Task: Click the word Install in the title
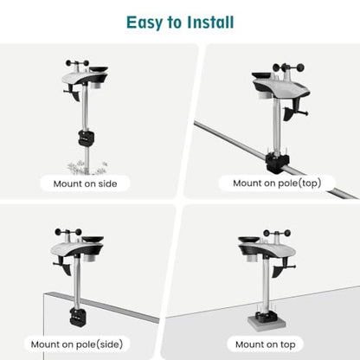tap(210, 22)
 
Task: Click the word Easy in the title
tap(145, 23)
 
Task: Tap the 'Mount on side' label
tap(85, 183)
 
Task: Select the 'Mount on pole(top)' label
tap(277, 183)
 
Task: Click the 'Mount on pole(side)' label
tap(77, 344)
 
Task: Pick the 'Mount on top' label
tap(266, 344)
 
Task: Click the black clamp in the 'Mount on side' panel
tap(87, 138)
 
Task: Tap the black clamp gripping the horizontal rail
tap(277, 163)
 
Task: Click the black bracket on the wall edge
tap(78, 318)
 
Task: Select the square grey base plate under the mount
tap(267, 322)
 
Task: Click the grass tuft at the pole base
tap(87, 168)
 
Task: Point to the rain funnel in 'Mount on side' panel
tap(99, 69)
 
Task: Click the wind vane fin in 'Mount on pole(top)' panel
tap(289, 113)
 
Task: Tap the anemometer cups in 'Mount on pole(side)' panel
tap(68, 232)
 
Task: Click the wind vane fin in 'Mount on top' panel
tap(278, 271)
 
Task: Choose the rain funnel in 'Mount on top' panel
tap(248, 239)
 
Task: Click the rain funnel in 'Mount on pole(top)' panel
tap(262, 75)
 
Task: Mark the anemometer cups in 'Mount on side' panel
tap(77, 63)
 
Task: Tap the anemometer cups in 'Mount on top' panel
tap(277, 233)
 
